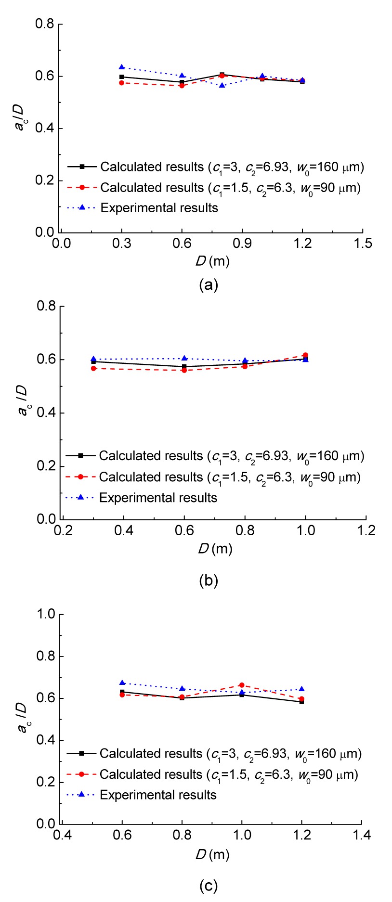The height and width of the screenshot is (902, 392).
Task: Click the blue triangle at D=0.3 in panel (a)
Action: [122, 67]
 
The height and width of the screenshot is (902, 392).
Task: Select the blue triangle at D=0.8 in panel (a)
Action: [222, 85]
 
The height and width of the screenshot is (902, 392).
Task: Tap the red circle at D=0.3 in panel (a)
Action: [122, 83]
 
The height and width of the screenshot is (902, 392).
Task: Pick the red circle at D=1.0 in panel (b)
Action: [305, 355]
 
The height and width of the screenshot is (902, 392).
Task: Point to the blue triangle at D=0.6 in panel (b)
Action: [184, 358]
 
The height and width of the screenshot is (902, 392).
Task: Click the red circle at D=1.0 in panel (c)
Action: [242, 685]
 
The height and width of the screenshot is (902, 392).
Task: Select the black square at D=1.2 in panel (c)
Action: [301, 702]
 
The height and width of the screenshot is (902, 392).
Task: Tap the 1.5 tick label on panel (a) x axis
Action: [363, 243]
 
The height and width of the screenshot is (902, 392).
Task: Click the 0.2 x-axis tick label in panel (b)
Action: [63, 530]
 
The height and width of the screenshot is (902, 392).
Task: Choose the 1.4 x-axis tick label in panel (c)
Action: [361, 835]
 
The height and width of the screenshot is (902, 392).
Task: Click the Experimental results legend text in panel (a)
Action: [159, 208]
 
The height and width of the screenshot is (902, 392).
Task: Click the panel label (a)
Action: [209, 285]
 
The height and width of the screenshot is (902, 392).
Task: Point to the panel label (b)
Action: [209, 580]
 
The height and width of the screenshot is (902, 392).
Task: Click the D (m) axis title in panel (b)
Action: [215, 549]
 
